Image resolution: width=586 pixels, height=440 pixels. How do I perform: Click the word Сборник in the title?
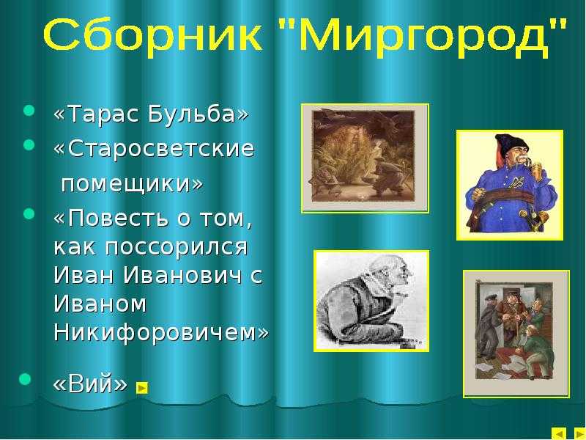pyautogui.click(x=152, y=35)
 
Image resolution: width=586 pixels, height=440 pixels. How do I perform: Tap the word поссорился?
pyautogui.click(x=177, y=246)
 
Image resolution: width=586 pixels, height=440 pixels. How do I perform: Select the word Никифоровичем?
pyautogui.click(x=156, y=331)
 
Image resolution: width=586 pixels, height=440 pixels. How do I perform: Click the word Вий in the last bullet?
pyautogui.click(x=90, y=383)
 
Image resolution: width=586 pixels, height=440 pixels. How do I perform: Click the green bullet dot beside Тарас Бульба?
pyautogui.click(x=29, y=111)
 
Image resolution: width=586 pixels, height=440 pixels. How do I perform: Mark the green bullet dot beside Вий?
pyautogui.click(x=25, y=378)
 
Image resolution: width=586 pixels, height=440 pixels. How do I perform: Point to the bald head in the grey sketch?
pyautogui.click(x=390, y=266)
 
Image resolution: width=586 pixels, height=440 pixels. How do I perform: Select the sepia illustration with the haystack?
pyautogui.click(x=363, y=157)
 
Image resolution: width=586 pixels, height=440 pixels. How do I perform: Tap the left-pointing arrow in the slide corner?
pyautogui.click(x=559, y=434)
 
